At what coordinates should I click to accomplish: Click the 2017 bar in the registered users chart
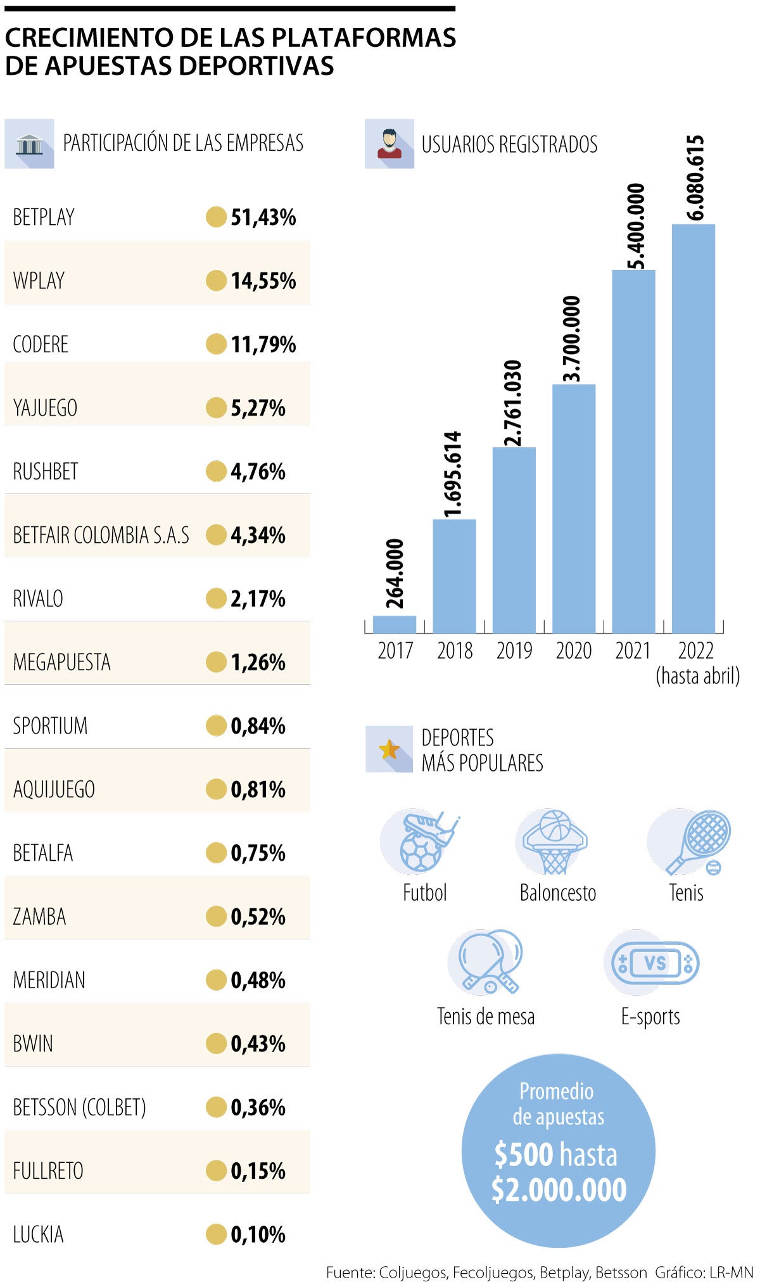click(x=394, y=624)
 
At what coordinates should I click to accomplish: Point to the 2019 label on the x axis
click(x=514, y=651)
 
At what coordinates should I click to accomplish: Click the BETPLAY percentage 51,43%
click(x=263, y=217)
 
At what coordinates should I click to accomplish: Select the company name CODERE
click(x=41, y=345)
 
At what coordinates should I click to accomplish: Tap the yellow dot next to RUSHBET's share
click(x=216, y=471)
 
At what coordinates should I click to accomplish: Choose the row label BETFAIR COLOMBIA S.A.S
click(x=101, y=535)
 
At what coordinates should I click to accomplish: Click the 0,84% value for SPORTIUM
click(x=258, y=726)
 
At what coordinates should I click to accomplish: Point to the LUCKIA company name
click(x=39, y=1234)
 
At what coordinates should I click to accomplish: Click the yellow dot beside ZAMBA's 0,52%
click(x=216, y=917)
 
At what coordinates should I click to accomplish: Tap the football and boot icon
click(x=421, y=841)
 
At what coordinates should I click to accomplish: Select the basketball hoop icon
click(x=554, y=841)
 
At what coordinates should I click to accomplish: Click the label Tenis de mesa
click(x=486, y=1017)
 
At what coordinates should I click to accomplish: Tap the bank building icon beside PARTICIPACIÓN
click(x=29, y=144)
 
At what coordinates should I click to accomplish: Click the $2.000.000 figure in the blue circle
click(x=559, y=1190)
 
